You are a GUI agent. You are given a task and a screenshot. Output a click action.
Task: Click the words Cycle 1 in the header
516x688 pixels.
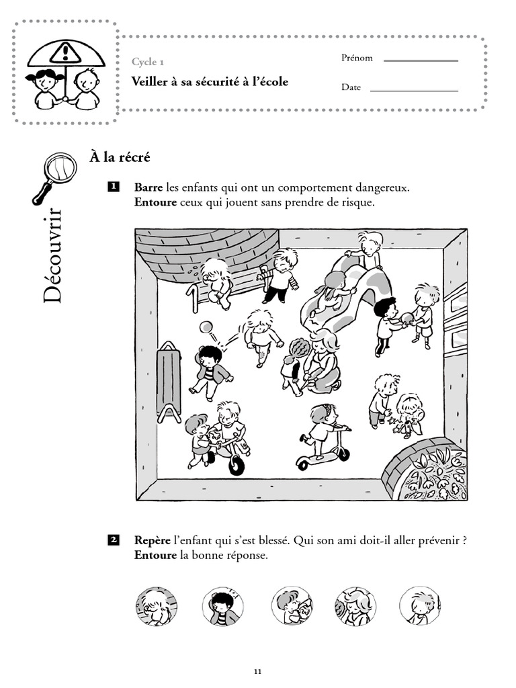(x=148, y=62)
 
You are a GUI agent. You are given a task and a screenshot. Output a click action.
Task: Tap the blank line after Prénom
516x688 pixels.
(x=420, y=60)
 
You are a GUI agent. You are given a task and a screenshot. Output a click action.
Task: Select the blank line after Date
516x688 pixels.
(x=414, y=90)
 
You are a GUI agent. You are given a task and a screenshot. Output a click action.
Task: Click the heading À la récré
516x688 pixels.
(x=120, y=157)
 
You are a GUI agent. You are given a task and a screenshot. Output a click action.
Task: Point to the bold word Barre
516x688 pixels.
(x=148, y=187)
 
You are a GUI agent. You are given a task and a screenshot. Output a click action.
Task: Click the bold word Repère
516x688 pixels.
(x=153, y=540)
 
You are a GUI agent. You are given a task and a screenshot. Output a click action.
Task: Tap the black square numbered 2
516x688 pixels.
(x=114, y=540)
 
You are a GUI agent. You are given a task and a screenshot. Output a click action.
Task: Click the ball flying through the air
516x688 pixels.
(x=206, y=327)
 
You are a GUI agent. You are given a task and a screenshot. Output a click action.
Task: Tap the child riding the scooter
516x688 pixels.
(x=321, y=430)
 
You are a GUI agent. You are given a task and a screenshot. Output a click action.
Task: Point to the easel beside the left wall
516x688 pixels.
(x=170, y=381)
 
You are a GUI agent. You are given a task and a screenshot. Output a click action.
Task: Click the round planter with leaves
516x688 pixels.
(x=430, y=470)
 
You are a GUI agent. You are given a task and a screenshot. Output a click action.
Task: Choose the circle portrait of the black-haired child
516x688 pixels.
(x=222, y=605)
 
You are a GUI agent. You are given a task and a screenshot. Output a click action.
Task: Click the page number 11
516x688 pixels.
(x=258, y=671)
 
